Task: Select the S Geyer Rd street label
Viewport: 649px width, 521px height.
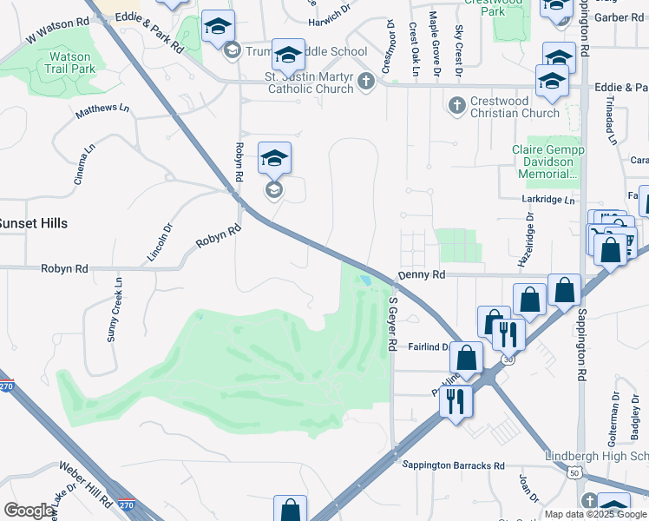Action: pyautogui.click(x=392, y=324)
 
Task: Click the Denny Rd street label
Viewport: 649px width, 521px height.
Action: pyautogui.click(x=421, y=274)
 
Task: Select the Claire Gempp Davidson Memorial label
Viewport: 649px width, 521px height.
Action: pyautogui.click(x=548, y=162)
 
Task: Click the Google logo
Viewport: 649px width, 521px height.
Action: pyautogui.click(x=29, y=511)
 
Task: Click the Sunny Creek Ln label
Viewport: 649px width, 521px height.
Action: pyautogui.click(x=114, y=309)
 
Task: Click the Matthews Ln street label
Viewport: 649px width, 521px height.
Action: pyautogui.click(x=102, y=111)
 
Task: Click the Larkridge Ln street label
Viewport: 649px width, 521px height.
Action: pyautogui.click(x=550, y=200)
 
